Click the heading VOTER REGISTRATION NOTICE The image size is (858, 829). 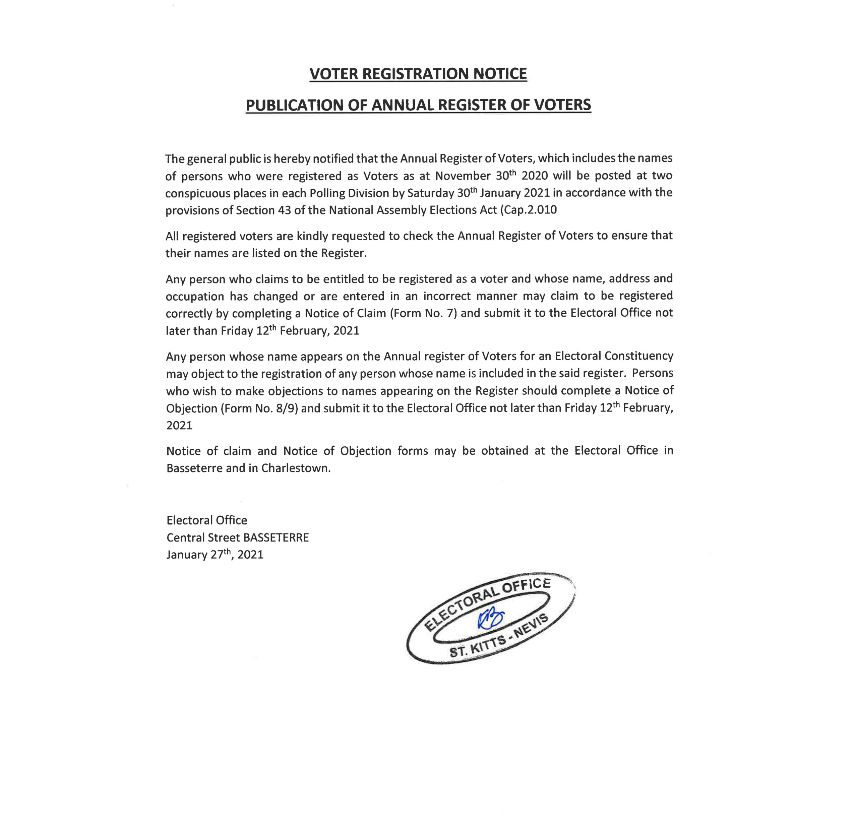418,73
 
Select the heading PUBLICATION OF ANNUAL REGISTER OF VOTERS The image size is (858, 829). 418,105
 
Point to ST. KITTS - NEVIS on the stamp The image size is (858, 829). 499,637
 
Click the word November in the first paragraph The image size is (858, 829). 462,176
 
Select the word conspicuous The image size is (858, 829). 197,193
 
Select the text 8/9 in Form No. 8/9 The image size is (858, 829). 287,408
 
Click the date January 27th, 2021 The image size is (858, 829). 214,555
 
